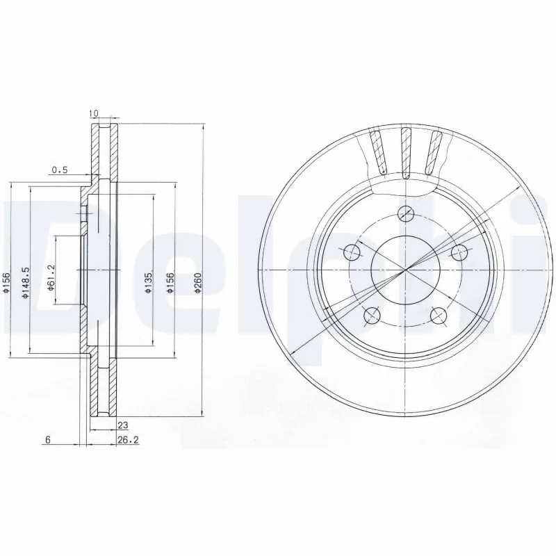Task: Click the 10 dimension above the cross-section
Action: pos(95,112)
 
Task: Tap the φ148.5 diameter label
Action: pos(26,283)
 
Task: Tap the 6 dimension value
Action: pos(48,440)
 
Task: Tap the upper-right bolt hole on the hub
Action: pos(458,252)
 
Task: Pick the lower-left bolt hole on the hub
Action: pos(373,316)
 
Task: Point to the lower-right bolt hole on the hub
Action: pos(438,316)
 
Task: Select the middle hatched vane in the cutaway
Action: pos(406,151)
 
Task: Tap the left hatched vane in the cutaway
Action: pos(377,152)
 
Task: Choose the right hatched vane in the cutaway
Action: pos(435,152)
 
